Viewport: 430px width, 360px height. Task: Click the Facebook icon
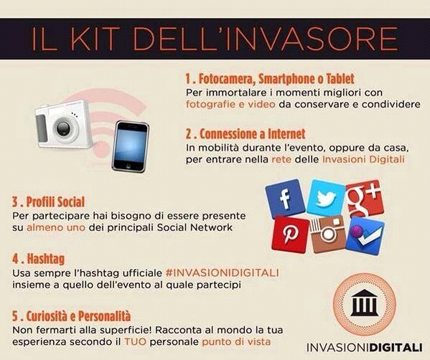pyautogui.click(x=285, y=198)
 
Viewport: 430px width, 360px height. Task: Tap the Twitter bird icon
pyautogui.click(x=326, y=197)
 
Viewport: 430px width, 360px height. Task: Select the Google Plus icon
pyautogui.click(x=365, y=199)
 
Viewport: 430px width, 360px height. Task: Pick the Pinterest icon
pyautogui.click(x=291, y=235)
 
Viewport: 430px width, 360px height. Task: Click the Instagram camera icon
pyautogui.click(x=328, y=234)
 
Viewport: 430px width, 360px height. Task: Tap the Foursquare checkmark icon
pyautogui.click(x=365, y=236)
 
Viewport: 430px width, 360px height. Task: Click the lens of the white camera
pyautogui.click(x=64, y=128)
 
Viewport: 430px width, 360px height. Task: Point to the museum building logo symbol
pyautogui.click(x=365, y=303)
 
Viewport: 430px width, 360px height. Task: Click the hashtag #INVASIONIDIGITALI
pyautogui.click(x=223, y=273)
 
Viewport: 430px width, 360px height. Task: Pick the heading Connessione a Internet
pyautogui.click(x=246, y=134)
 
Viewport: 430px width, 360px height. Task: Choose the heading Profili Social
pyautogui.click(x=48, y=202)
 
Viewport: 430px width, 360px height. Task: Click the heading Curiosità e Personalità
pyautogui.click(x=71, y=316)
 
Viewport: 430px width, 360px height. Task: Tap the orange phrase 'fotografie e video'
pyautogui.click(x=230, y=105)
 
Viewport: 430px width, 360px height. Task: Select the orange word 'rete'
pyautogui.click(x=281, y=159)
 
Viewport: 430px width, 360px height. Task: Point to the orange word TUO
pyautogui.click(x=135, y=342)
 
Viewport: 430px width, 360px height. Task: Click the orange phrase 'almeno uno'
pyautogui.click(x=56, y=227)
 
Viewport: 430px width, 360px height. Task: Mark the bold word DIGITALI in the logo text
pyautogui.click(x=396, y=348)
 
